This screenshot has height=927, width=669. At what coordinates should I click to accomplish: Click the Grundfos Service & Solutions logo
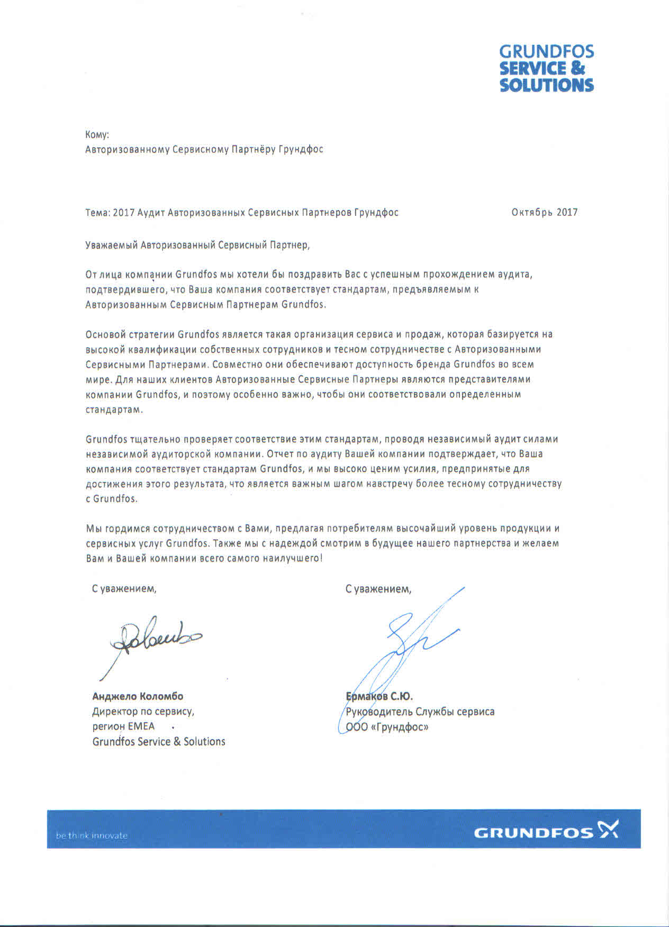pyautogui.click(x=546, y=69)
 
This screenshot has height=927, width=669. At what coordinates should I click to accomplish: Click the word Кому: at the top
pyautogui.click(x=97, y=135)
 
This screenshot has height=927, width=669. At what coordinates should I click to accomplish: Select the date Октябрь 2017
pyautogui.click(x=544, y=213)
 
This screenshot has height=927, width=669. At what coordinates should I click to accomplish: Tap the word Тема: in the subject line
pyautogui.click(x=98, y=213)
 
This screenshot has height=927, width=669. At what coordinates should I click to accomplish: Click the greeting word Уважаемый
pyautogui.click(x=112, y=245)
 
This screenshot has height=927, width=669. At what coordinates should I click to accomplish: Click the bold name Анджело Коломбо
pyautogui.click(x=138, y=696)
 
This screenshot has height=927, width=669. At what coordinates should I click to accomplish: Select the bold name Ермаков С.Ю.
pyautogui.click(x=379, y=696)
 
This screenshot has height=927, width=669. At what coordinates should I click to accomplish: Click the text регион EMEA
pyautogui.click(x=123, y=726)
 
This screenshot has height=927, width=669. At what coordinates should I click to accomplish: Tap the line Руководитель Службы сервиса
pyautogui.click(x=420, y=712)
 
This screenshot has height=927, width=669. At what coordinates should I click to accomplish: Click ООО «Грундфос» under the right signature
pyautogui.click(x=387, y=727)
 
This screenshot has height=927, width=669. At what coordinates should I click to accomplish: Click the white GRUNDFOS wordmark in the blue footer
pyautogui.click(x=534, y=833)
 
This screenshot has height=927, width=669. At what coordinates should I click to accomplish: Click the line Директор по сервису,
pyautogui.click(x=143, y=712)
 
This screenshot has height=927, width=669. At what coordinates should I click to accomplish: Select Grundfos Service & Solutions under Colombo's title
pyautogui.click(x=159, y=742)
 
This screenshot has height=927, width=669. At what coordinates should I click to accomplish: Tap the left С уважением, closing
pyautogui.click(x=124, y=588)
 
